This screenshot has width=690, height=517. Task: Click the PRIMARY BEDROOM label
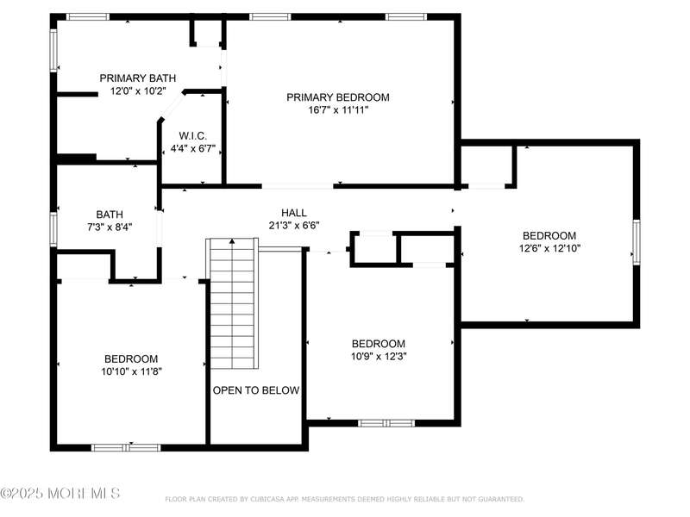(x=338, y=97)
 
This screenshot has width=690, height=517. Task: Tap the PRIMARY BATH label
(x=138, y=78)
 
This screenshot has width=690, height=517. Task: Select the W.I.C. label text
(x=192, y=136)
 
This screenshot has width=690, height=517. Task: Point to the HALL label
(x=294, y=213)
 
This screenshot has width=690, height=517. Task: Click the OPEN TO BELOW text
(x=256, y=390)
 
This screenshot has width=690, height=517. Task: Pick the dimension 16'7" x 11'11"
(x=338, y=110)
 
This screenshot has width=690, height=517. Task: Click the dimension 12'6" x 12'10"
(x=549, y=248)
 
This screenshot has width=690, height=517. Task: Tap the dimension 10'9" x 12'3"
(x=379, y=356)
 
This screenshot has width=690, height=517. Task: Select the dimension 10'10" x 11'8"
(x=132, y=371)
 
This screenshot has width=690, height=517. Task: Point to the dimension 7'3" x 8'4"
(x=110, y=227)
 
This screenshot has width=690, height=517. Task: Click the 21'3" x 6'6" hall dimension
(x=294, y=226)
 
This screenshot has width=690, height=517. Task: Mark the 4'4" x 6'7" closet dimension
(x=192, y=148)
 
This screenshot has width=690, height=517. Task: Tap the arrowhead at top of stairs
(x=232, y=241)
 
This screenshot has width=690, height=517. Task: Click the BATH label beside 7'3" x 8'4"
(x=110, y=215)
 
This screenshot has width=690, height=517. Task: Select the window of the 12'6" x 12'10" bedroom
(x=637, y=242)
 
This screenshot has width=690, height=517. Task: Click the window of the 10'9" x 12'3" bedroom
(x=386, y=423)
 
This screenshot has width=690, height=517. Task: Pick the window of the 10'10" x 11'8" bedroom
(x=126, y=448)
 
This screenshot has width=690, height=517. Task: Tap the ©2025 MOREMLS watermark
(x=60, y=493)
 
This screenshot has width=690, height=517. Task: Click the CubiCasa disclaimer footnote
(x=344, y=499)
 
